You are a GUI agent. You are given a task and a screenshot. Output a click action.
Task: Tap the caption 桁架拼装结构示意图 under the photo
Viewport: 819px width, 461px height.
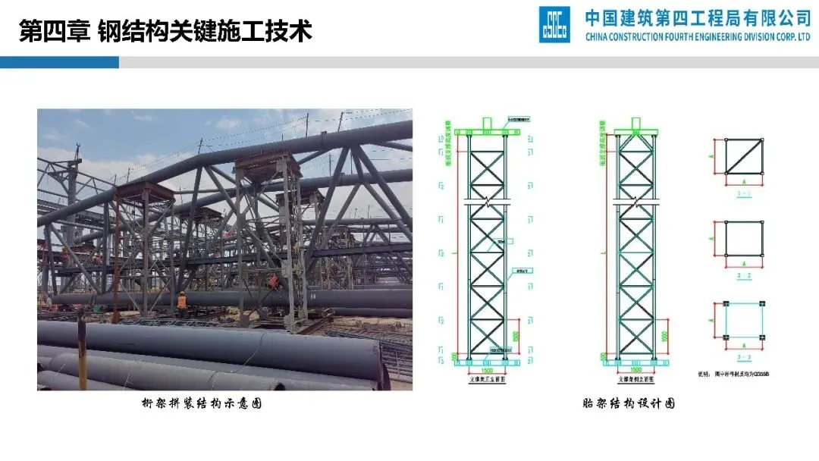pos(202,404)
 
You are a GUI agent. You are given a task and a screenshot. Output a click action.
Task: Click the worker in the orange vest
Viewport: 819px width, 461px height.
pos(181,302)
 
